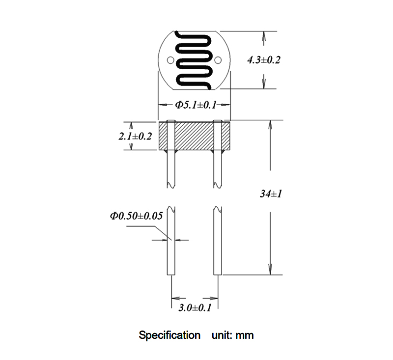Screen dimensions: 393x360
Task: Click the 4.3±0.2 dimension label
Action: [x=264, y=60]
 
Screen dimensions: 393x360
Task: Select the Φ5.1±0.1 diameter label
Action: [x=196, y=105]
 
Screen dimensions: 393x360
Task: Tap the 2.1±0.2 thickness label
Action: [x=135, y=136]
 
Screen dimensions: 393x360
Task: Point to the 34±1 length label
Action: [x=271, y=194]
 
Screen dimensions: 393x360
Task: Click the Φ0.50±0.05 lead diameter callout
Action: [x=137, y=216]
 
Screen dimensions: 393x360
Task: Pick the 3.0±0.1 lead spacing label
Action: [x=195, y=307]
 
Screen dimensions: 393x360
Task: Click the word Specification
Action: [x=169, y=335]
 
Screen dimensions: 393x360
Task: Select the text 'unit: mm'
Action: [x=232, y=335]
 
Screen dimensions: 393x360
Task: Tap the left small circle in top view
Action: [x=170, y=60]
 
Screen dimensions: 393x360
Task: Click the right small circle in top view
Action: [x=218, y=60]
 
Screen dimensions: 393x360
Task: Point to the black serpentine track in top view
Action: [x=194, y=60]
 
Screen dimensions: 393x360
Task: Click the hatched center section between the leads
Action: [x=194, y=136]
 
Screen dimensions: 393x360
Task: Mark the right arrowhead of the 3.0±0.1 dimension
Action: [x=214, y=299]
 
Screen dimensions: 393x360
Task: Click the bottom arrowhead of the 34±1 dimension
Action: [x=270, y=270]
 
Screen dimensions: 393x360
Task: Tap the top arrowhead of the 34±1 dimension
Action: [x=270, y=125]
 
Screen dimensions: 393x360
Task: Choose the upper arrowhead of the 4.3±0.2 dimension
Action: [x=263, y=36]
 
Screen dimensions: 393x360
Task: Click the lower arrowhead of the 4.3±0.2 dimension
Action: [x=264, y=83]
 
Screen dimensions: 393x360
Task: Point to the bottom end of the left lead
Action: [x=171, y=275]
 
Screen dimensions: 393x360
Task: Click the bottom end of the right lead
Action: [x=218, y=275]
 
